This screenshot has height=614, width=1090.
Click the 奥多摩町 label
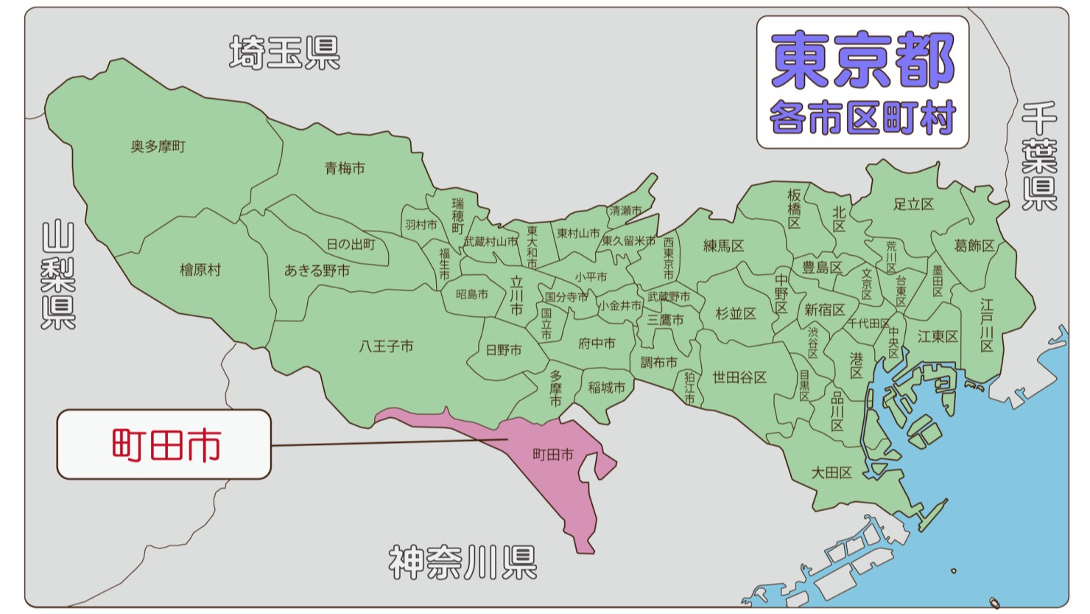(158, 147)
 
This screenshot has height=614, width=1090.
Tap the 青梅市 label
(345, 168)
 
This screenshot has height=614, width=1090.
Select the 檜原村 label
(200, 270)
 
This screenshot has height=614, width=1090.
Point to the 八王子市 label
(386, 346)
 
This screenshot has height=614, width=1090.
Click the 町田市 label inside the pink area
(552, 455)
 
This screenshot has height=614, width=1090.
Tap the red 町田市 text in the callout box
(166, 445)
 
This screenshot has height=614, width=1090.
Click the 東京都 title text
(862, 60)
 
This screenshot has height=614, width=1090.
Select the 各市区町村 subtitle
(862, 118)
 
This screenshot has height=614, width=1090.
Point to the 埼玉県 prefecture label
(284, 53)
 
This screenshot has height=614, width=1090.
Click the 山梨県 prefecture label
(58, 275)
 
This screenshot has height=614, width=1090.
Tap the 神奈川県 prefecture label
(463, 563)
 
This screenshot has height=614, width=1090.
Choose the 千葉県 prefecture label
(1039, 156)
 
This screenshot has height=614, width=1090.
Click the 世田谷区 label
(739, 377)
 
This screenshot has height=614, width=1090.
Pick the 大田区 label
(831, 472)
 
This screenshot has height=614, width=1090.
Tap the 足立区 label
(913, 204)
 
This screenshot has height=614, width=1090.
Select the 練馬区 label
(723, 246)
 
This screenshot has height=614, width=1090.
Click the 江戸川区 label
(987, 325)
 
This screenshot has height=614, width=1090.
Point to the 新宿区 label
(824, 310)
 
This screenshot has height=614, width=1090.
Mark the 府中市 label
(597, 343)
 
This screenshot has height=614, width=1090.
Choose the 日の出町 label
(351, 244)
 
